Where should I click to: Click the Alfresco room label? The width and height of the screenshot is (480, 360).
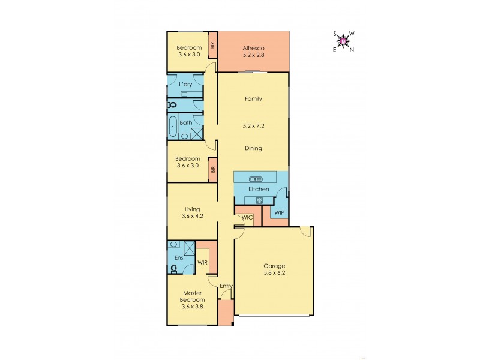(253, 48)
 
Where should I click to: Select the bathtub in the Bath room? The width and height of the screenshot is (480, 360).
(173, 127)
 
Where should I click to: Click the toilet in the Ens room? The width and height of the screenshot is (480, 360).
(174, 269)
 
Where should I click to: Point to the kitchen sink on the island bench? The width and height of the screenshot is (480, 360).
(255, 179)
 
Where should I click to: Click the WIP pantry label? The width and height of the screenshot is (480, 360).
(279, 213)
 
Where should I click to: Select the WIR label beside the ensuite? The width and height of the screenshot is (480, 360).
(202, 262)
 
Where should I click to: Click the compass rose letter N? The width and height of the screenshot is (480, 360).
(352, 50)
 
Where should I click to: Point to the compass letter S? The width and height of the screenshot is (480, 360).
(335, 34)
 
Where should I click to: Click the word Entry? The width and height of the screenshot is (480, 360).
(226, 286)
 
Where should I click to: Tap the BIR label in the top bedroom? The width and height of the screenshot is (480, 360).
(212, 44)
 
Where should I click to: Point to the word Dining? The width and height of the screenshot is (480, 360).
(253, 148)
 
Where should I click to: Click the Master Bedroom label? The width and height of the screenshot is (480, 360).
(193, 296)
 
